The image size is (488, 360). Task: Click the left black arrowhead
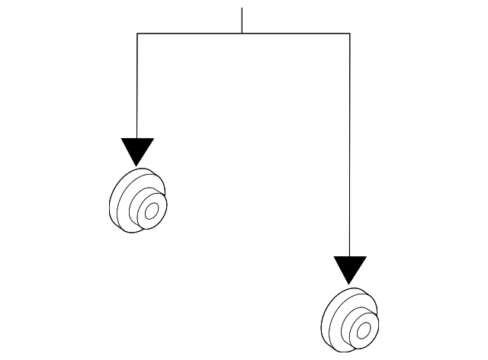pos(137,149)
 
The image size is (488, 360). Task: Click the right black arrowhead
pos(350,268)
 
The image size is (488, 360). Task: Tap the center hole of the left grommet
pos(151,210)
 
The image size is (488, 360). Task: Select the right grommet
pos(350,320)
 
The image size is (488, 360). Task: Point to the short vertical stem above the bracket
pos(242,21)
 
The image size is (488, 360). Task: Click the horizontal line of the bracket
pos(191,33)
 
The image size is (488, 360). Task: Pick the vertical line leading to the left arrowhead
pos(137,84)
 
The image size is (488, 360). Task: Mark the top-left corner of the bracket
pos(137,33)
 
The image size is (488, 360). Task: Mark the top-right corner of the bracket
pos(350,33)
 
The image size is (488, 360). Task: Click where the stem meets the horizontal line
pos(242,33)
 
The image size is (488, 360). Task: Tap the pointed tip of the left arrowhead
pos(137,165)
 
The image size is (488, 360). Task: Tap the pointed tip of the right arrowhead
pos(350,284)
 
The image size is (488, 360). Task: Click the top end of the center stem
pos(242,9)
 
